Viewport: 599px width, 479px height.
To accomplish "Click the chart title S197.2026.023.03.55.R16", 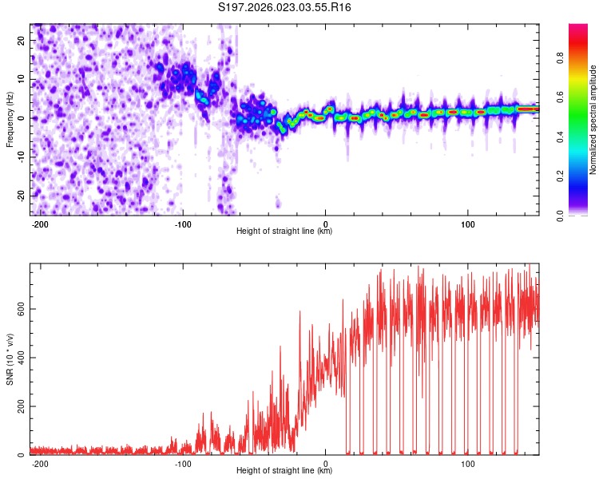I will [285, 7].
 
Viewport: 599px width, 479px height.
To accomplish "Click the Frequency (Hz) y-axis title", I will [10, 119].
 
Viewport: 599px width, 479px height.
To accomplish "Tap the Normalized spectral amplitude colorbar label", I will [593, 120].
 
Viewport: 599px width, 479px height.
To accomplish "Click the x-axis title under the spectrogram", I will [284, 232].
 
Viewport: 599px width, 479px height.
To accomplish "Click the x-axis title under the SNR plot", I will [284, 471].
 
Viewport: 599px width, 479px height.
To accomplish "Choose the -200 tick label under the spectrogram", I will [40, 223].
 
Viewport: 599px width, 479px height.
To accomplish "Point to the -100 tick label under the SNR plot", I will [183, 462].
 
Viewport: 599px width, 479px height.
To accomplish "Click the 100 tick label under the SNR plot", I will [467, 462].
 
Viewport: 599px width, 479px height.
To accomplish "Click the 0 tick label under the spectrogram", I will [325, 223].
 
